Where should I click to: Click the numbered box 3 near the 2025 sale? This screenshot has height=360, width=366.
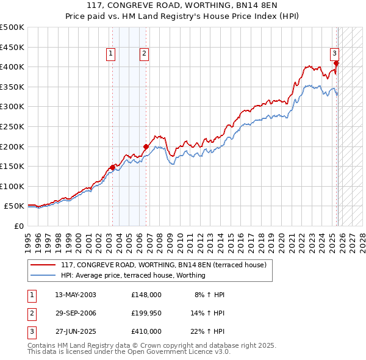(x=335, y=54)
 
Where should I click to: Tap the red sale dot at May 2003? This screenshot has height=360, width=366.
(x=112, y=167)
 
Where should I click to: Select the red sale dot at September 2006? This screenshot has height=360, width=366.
(x=146, y=146)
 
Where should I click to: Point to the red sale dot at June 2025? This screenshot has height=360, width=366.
(x=336, y=63)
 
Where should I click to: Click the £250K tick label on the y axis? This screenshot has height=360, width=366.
(x=12, y=126)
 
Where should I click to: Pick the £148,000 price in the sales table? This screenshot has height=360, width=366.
(x=146, y=294)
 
